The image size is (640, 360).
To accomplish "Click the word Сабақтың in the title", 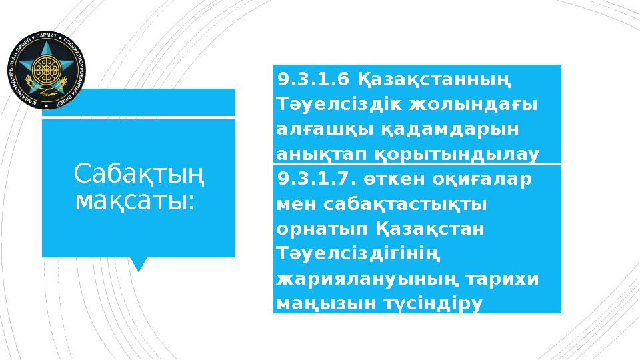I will [x=139, y=175].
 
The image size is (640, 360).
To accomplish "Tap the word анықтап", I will [x=321, y=153].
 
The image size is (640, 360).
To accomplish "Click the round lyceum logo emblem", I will [x=47, y=70].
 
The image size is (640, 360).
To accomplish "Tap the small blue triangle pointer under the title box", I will [x=139, y=264].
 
